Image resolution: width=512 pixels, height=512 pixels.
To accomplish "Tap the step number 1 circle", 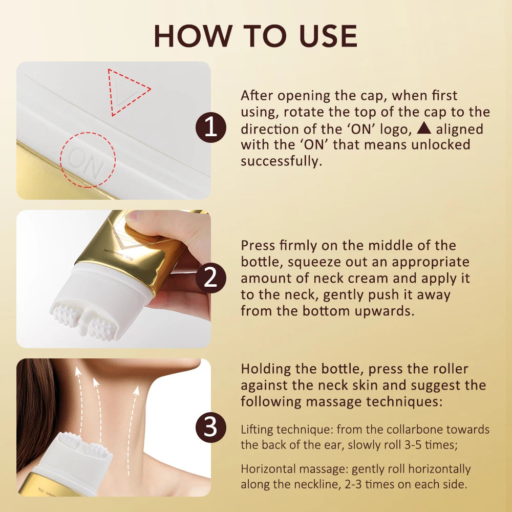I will click(x=211, y=127).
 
